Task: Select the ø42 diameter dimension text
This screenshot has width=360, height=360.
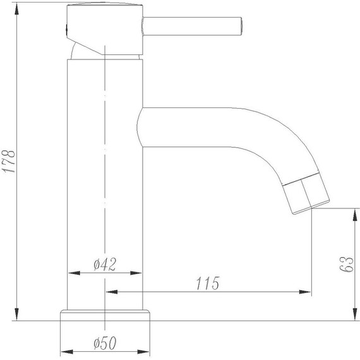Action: pos(104,264)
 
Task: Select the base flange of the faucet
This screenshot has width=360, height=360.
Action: pos(105,315)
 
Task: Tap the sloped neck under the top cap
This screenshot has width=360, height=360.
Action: pos(85,49)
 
